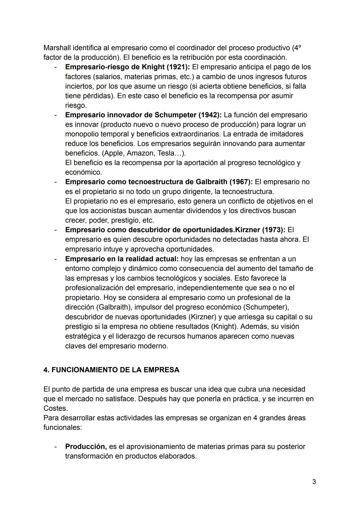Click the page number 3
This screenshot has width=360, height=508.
(314, 482)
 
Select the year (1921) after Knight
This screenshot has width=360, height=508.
(178, 67)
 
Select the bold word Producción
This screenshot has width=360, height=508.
(86, 446)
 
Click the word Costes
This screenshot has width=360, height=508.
(55, 408)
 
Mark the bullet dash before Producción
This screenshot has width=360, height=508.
(55, 446)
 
